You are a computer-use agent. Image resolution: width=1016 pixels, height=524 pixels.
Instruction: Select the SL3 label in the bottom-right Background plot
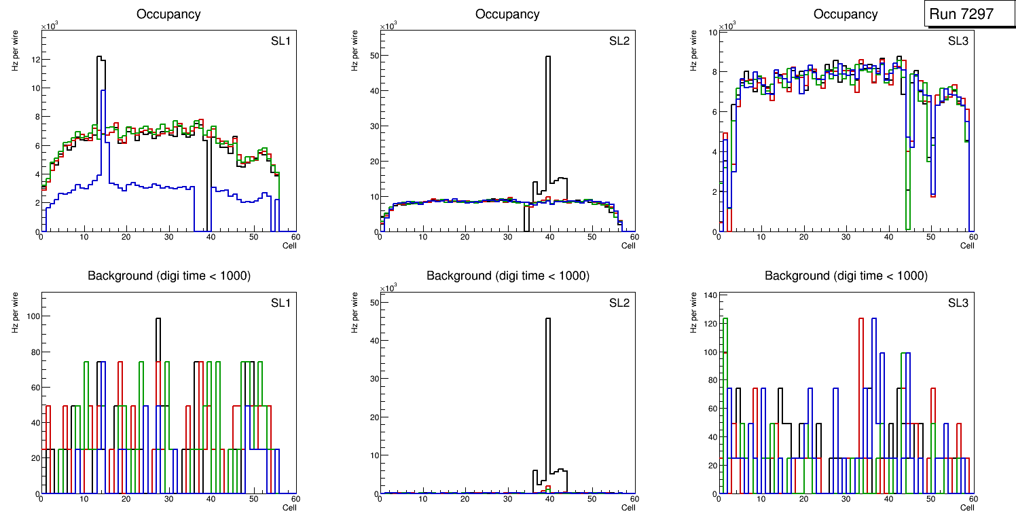click(x=958, y=302)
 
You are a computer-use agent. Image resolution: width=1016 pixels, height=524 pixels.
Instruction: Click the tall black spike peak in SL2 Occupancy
click(x=548, y=57)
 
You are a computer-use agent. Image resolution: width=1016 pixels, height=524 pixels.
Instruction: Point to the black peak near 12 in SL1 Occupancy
click(x=100, y=57)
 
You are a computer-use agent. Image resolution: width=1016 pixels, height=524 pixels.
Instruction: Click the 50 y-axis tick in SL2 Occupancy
click(x=372, y=56)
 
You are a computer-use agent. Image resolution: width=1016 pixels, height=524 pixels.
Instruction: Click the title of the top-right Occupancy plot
click(x=846, y=14)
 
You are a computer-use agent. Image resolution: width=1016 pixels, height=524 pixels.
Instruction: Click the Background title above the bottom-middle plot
click(x=507, y=276)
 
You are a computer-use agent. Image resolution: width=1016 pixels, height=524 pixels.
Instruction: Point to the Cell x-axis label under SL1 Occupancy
click(x=289, y=246)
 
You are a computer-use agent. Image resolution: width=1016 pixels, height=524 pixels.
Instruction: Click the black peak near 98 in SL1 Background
click(x=158, y=319)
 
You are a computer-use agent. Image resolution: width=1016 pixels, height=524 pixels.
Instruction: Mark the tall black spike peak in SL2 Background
click(x=548, y=319)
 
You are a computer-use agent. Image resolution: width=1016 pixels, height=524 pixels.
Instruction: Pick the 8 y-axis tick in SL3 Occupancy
click(x=712, y=72)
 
